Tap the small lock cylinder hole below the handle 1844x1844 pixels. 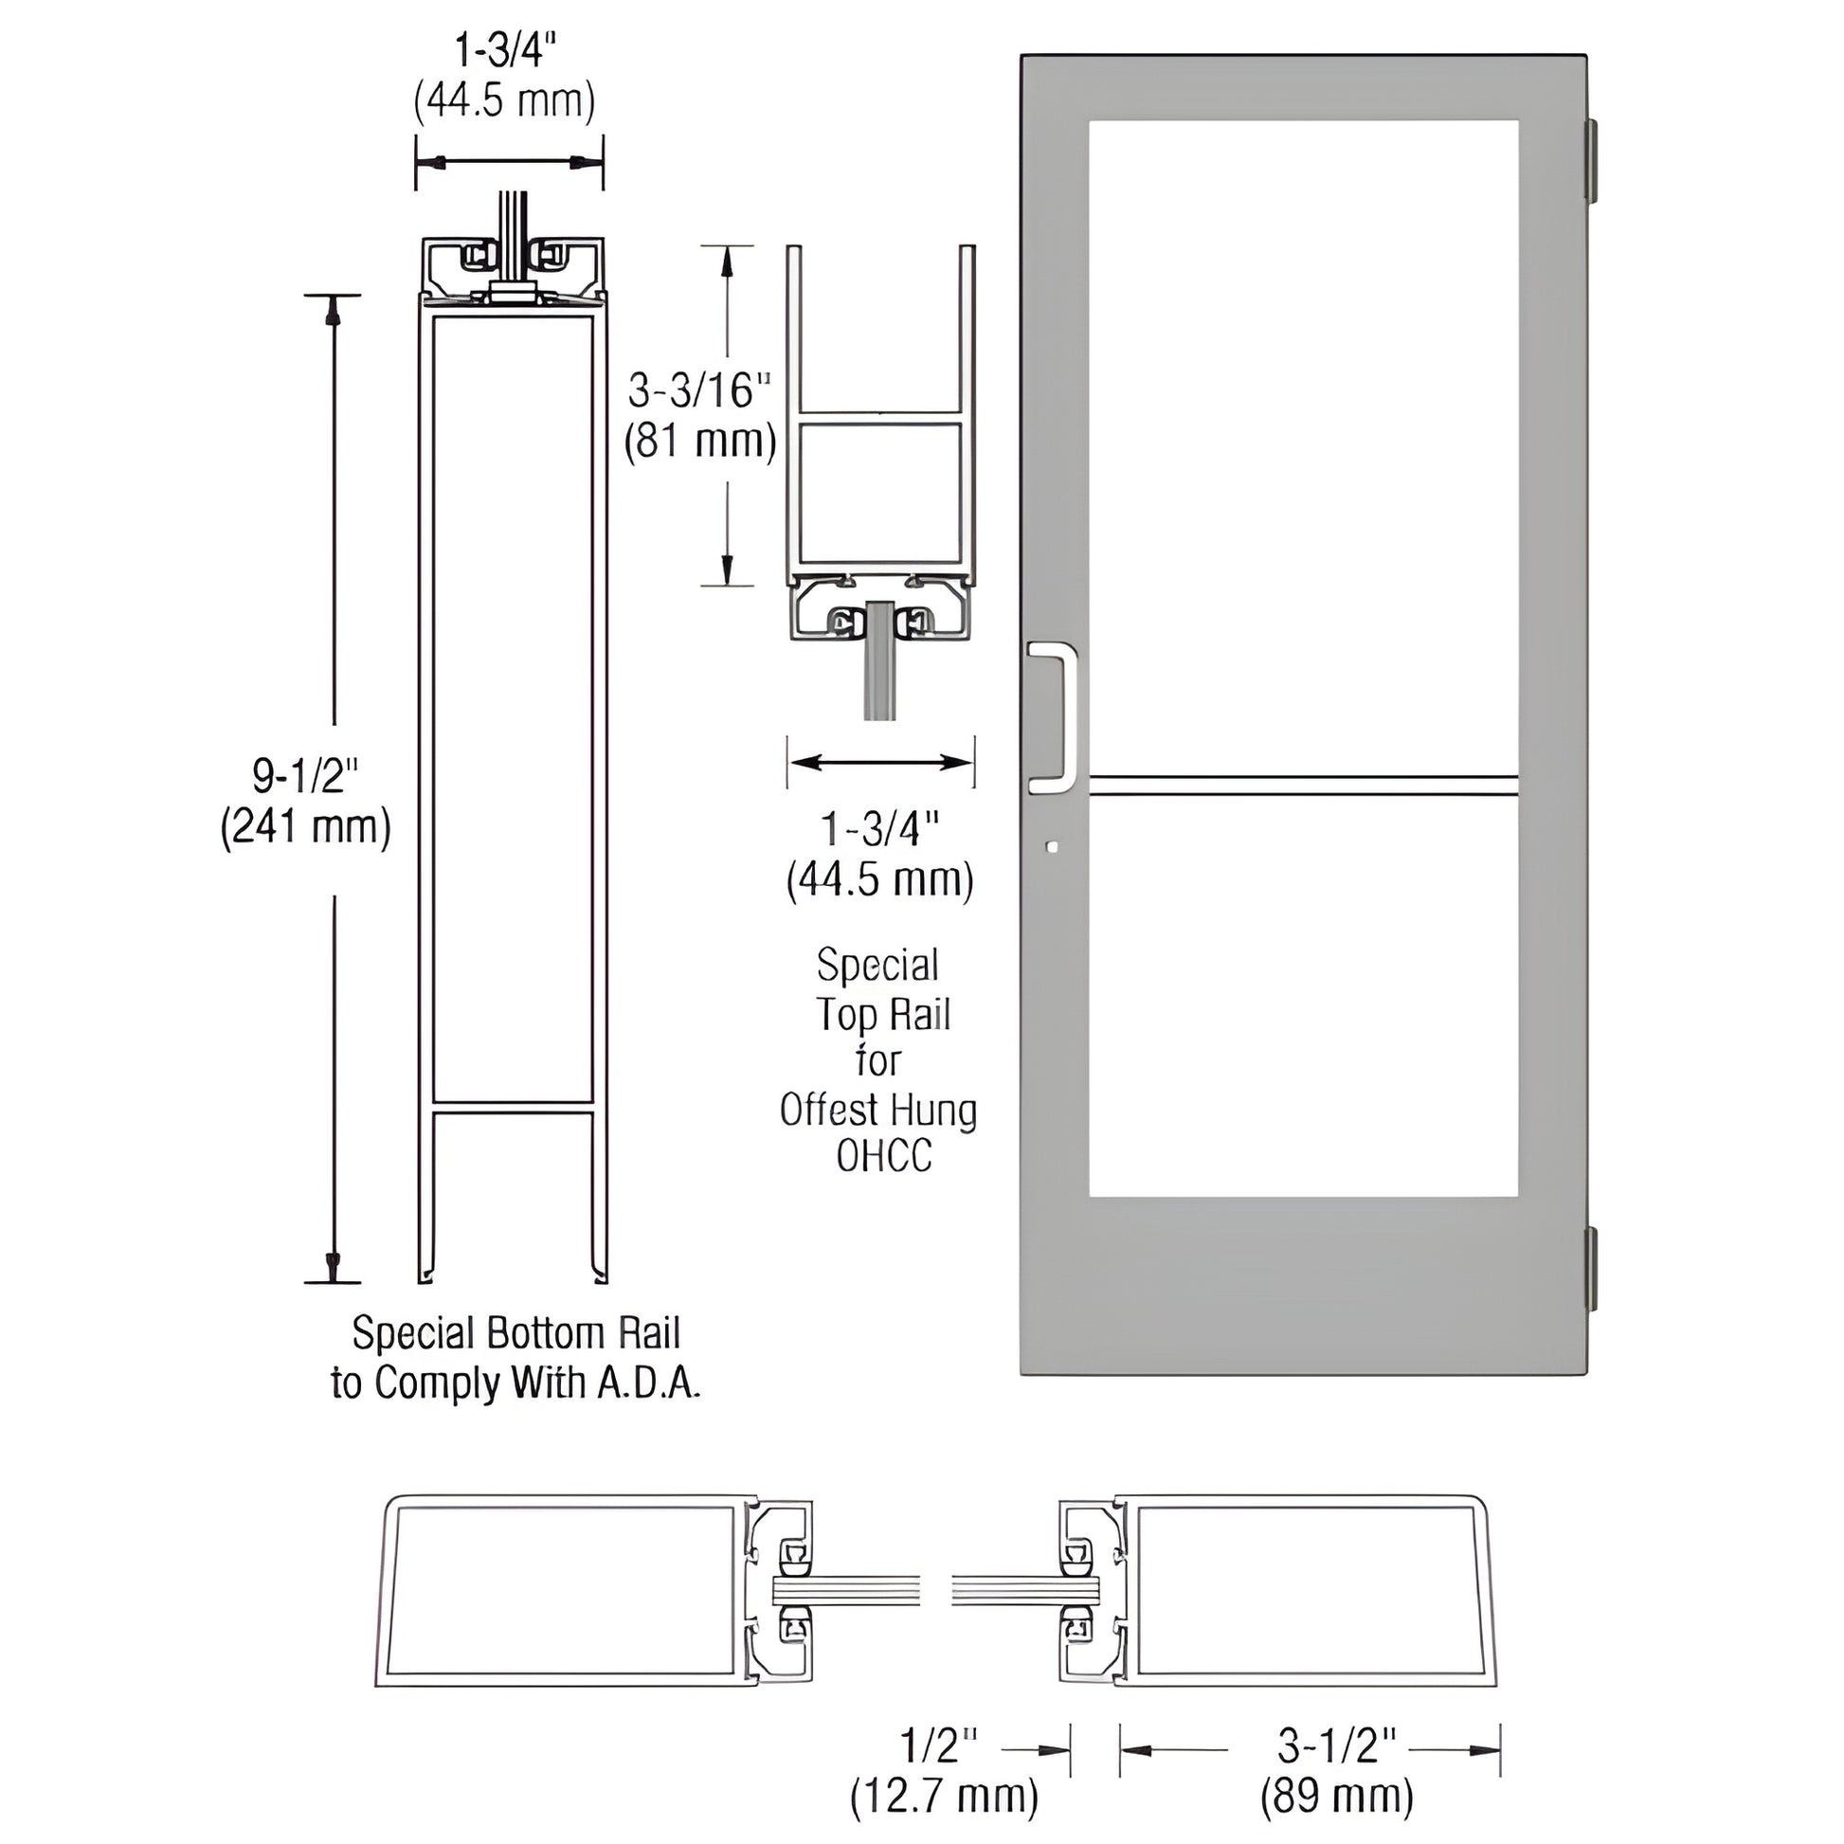(x=1052, y=845)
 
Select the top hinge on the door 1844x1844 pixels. (x=1591, y=160)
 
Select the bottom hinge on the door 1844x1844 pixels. (x=1591, y=1271)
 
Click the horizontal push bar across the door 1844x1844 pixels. (x=1303, y=786)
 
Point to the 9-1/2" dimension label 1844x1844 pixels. (x=305, y=776)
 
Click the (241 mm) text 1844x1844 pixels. (x=305, y=826)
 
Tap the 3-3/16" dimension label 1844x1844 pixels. (x=699, y=390)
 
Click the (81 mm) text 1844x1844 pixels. (x=699, y=441)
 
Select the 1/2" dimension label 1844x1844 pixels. (x=940, y=1745)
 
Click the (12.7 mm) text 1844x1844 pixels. (x=944, y=1797)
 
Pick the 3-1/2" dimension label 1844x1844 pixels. (x=1337, y=1745)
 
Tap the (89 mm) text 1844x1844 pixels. (x=1336, y=1797)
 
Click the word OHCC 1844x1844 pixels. (x=884, y=1156)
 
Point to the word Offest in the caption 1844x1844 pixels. (x=826, y=1110)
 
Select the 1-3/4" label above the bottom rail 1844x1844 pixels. (x=503, y=50)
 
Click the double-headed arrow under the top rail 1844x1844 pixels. (x=880, y=762)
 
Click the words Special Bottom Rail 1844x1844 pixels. (x=515, y=1332)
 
